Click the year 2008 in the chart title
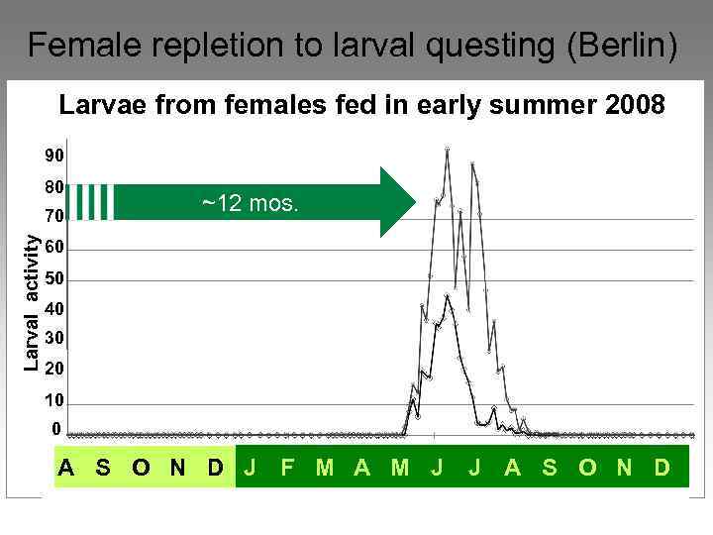635,104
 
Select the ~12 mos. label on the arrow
250,204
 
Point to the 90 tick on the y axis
53,156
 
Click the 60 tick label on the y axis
53,247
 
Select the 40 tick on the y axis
53,308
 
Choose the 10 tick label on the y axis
53,400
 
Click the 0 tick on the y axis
56,429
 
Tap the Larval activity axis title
32,303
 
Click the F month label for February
287,467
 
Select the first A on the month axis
66,467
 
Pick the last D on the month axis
662,467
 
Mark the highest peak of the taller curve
448,149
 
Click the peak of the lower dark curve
448,295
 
